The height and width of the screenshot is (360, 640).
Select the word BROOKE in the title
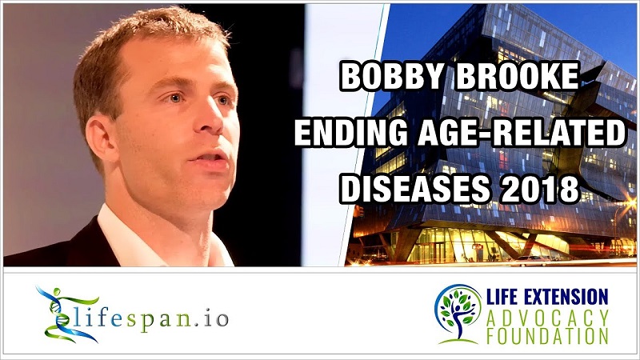pyautogui.click(x=518, y=76)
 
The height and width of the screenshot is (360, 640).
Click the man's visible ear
pyautogui.click(x=98, y=138)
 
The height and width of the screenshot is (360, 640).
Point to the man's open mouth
pyautogui.click(x=210, y=158)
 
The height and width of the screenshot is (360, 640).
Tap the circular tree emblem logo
pyautogui.click(x=458, y=314)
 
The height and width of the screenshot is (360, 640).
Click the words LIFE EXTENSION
pyautogui.click(x=547, y=297)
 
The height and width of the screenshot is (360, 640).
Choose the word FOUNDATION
pyautogui.click(x=547, y=336)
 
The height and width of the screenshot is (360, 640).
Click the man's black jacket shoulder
pyautogui.click(x=62, y=249)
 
